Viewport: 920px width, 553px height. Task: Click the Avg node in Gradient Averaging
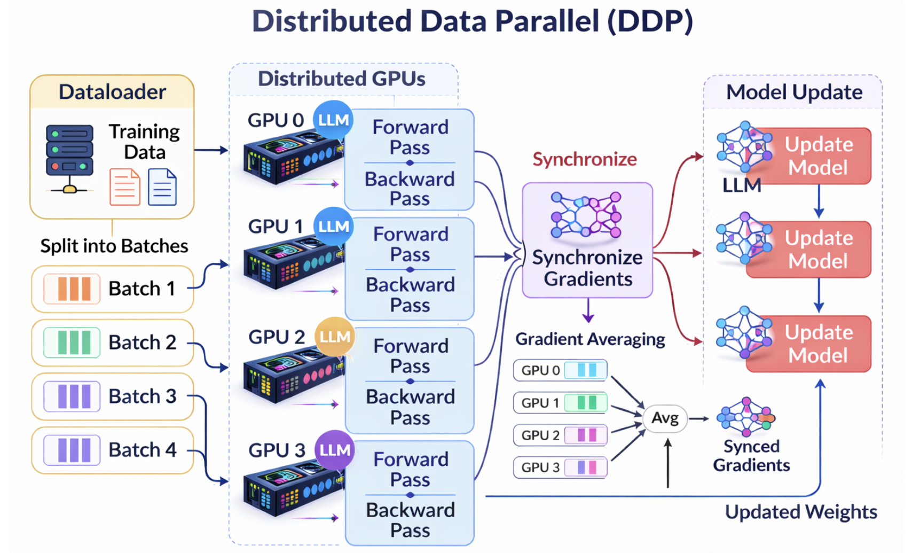(x=665, y=418)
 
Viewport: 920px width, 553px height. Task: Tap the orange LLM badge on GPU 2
(x=335, y=337)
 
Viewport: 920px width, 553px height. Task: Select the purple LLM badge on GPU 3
(x=335, y=450)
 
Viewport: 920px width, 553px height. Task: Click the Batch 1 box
(x=112, y=289)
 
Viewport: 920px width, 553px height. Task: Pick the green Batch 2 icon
(x=72, y=342)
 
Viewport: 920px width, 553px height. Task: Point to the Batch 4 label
(x=142, y=450)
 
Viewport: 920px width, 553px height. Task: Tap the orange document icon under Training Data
(x=124, y=187)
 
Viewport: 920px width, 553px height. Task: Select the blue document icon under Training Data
(x=162, y=187)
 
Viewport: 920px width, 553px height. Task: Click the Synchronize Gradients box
(x=587, y=240)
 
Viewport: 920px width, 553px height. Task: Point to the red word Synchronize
(x=585, y=159)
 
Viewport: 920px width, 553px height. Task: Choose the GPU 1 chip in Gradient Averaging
(x=560, y=403)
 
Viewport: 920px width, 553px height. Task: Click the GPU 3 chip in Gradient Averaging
(x=560, y=468)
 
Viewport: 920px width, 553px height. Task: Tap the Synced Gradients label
(x=751, y=456)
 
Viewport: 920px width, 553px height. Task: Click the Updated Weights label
(x=801, y=512)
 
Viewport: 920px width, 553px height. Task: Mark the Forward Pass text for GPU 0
(x=410, y=137)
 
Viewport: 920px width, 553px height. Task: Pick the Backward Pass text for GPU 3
(x=410, y=520)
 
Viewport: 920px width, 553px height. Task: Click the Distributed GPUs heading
(x=342, y=79)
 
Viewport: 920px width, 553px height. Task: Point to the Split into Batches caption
(x=114, y=246)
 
